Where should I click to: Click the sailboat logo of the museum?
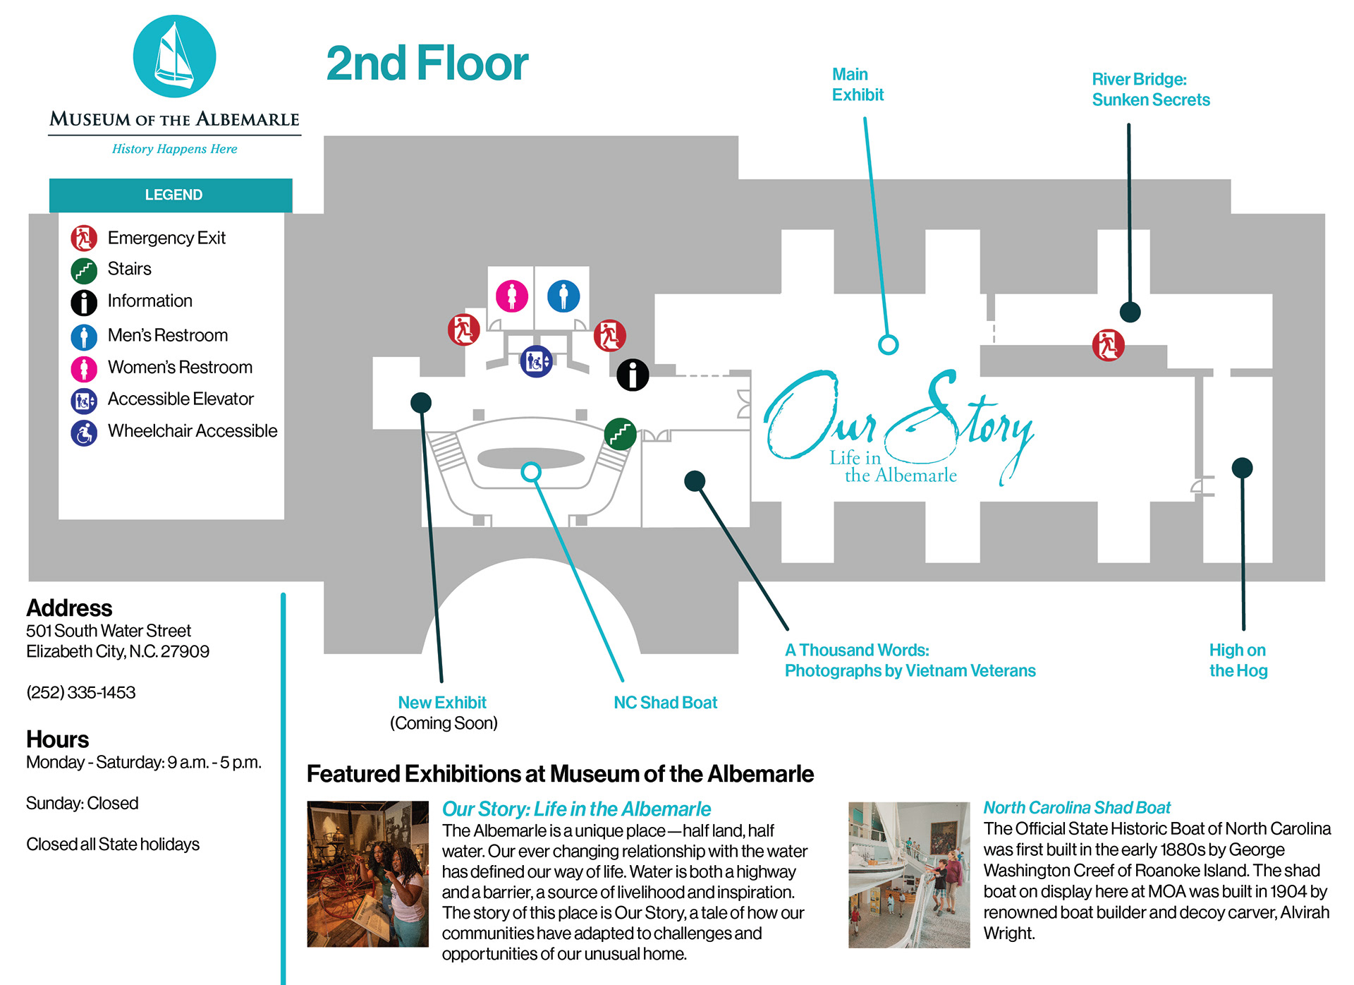(174, 56)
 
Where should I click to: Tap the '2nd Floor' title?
(427, 64)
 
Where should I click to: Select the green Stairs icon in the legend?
(84, 270)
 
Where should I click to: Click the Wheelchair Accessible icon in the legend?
(84, 433)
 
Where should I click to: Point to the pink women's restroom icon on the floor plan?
(512, 296)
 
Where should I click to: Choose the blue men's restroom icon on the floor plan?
(563, 296)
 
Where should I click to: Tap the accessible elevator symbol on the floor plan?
(536, 362)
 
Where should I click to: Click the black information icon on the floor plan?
(633, 375)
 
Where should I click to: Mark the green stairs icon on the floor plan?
(621, 434)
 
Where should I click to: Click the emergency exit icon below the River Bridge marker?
(1108, 345)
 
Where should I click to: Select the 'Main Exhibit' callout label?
(857, 85)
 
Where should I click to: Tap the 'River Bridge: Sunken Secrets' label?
(1150, 90)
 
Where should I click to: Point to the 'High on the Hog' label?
(1238, 660)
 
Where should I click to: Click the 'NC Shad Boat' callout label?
(665, 703)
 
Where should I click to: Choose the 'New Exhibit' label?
(442, 703)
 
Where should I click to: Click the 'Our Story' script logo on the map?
(898, 427)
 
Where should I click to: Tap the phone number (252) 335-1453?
(81, 693)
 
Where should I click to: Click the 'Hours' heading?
(58, 739)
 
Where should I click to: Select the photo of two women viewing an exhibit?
(367, 874)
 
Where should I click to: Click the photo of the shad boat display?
(909, 874)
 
